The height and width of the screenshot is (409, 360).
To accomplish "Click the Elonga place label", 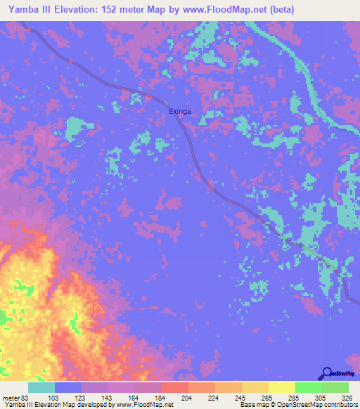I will (x=180, y=111).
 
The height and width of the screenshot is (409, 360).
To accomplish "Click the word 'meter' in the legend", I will (x=11, y=398).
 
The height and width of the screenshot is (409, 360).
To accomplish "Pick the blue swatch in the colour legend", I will (x=68, y=387).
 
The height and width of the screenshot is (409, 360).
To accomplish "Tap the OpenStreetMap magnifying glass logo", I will (x=327, y=372).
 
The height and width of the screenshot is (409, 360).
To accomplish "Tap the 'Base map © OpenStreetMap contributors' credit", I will (x=296, y=405).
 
